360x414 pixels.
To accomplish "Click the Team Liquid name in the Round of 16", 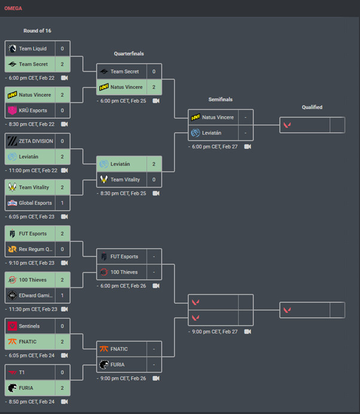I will coord(32,48).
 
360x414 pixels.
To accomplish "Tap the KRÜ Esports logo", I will coord(12,110).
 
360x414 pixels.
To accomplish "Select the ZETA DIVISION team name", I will coord(36,141).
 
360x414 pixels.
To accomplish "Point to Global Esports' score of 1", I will coord(63,203).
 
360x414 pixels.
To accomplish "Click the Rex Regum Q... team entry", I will coord(35,249).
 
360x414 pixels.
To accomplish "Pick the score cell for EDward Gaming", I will coord(63,295).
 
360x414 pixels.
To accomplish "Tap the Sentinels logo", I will coord(12,326).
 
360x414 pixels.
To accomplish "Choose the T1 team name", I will coord(22,372).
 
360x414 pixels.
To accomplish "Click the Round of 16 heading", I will coord(37,31).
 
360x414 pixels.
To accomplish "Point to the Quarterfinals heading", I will coord(129,54).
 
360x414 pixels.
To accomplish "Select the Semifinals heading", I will coord(220,99).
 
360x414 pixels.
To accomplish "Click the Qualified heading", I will coord(312,107).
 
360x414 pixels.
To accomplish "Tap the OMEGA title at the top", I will coord(13,8).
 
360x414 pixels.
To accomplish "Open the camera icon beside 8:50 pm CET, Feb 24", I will coord(65,401).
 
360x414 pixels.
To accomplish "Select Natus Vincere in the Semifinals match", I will coord(218,117).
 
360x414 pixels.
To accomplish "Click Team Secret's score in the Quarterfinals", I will coord(154,72).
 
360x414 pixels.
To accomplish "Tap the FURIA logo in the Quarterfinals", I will coord(105,364).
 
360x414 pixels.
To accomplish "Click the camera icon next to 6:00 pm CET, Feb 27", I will coord(247,147).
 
